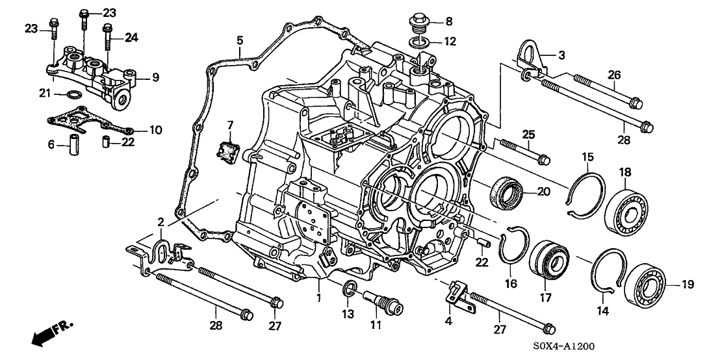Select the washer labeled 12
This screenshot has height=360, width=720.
[418, 43]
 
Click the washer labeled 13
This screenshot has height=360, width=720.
[349, 289]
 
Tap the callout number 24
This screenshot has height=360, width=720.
[131, 38]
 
